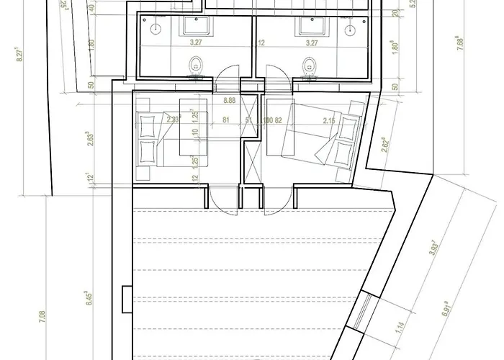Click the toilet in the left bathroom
196,67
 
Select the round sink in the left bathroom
155,30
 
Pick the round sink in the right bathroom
351,30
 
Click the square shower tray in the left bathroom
194,27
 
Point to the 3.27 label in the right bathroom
312,43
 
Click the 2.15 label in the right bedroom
330,121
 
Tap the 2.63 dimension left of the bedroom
89,139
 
